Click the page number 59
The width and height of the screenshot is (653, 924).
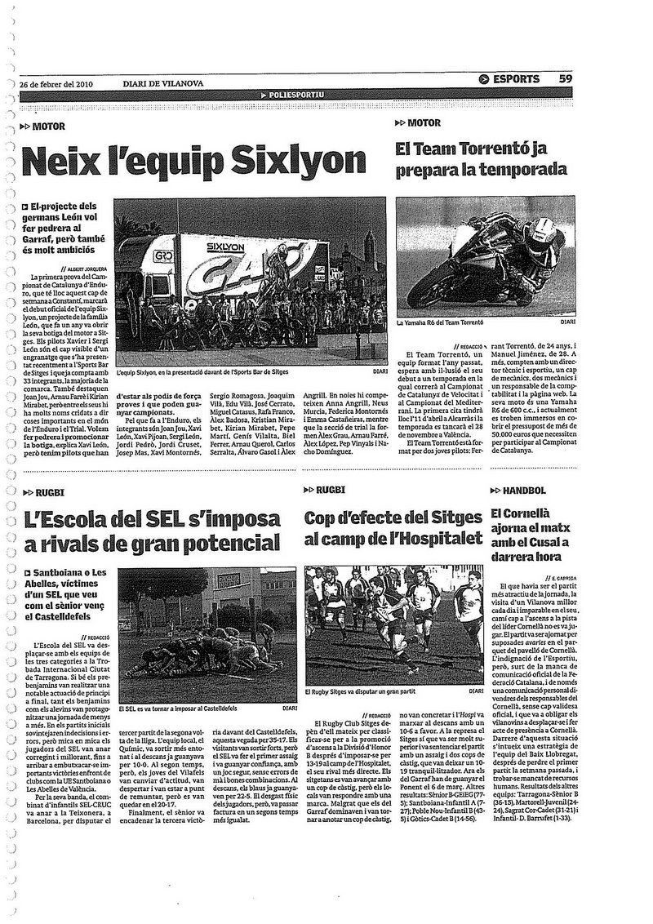point(565,79)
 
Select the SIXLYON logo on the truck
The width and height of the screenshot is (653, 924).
point(224,245)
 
